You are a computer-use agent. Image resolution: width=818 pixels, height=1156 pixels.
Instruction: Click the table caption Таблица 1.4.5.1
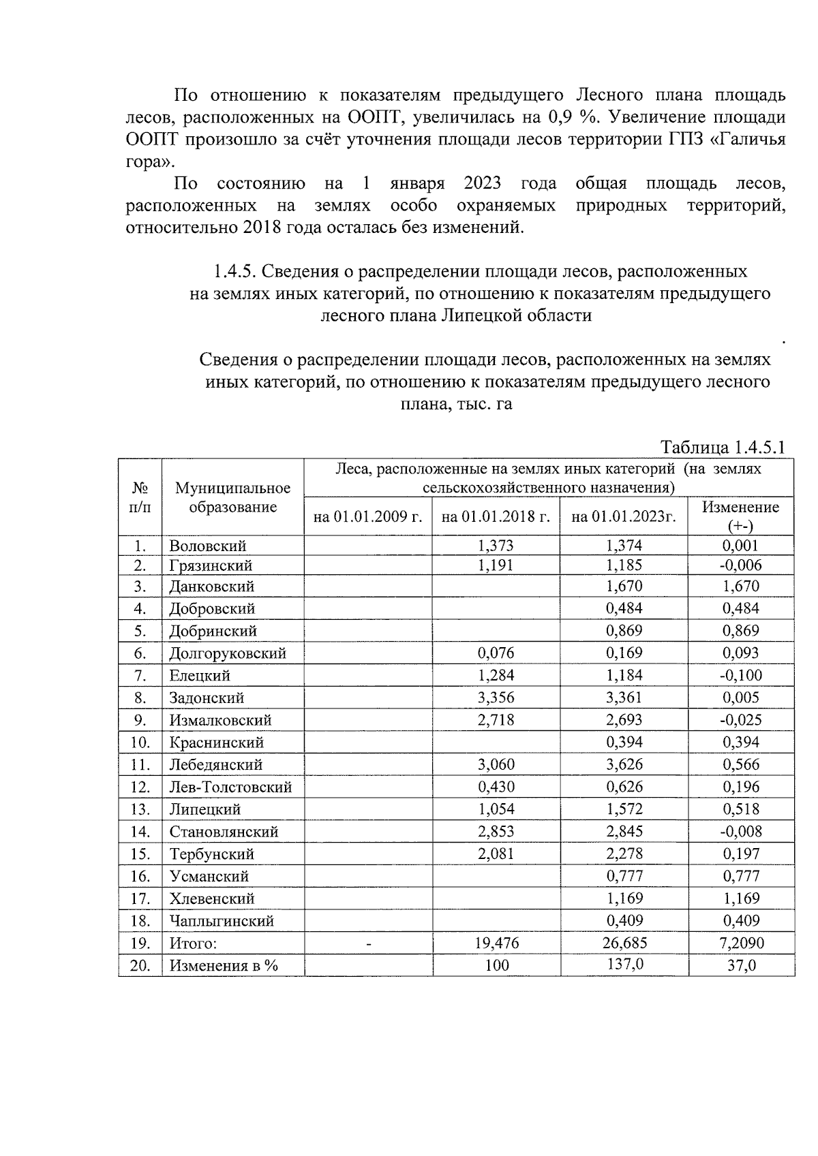[723, 448]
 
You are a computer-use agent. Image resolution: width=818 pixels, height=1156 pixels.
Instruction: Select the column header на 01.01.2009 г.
[367, 517]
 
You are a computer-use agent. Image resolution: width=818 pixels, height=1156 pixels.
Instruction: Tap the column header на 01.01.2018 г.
[496, 517]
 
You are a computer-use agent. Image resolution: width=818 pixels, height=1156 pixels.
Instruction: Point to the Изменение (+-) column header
[740, 516]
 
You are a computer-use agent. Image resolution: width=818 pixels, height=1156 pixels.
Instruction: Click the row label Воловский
[208, 546]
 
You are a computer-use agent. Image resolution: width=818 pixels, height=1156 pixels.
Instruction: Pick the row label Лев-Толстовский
[230, 787]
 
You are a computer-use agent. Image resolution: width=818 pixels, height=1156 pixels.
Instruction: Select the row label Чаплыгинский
[222, 921]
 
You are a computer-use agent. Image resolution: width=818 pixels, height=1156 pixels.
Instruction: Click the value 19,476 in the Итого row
[496, 943]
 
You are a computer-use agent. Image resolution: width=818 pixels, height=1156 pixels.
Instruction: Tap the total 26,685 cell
[624, 943]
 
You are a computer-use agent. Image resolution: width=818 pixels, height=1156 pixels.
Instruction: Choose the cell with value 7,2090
[740, 943]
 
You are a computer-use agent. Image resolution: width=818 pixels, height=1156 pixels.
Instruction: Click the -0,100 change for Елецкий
[740, 675]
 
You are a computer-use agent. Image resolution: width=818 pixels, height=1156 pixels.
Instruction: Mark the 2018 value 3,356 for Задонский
[496, 698]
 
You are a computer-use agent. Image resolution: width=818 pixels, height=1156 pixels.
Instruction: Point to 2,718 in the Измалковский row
[496, 720]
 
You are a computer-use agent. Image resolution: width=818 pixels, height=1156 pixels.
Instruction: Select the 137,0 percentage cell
[624, 965]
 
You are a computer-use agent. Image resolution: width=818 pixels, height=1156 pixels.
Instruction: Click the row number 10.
[140, 743]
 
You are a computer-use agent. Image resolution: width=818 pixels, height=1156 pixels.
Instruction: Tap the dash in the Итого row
[368, 943]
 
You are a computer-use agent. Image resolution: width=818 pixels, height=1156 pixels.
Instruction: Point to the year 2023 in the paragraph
[482, 183]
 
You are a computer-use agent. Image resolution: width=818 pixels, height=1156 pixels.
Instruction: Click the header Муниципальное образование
[232, 497]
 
